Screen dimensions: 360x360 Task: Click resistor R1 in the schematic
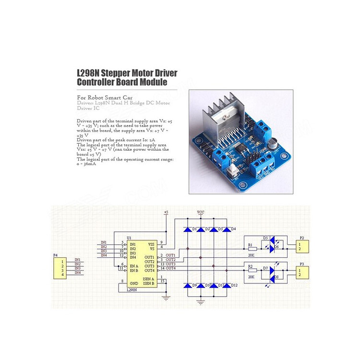pos(253,249)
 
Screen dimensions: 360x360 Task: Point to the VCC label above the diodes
pos(201,212)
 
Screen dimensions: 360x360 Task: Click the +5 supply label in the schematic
pos(166,212)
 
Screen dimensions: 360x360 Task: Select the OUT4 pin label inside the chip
pos(149,270)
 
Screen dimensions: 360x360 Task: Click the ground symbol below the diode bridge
pos(201,301)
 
